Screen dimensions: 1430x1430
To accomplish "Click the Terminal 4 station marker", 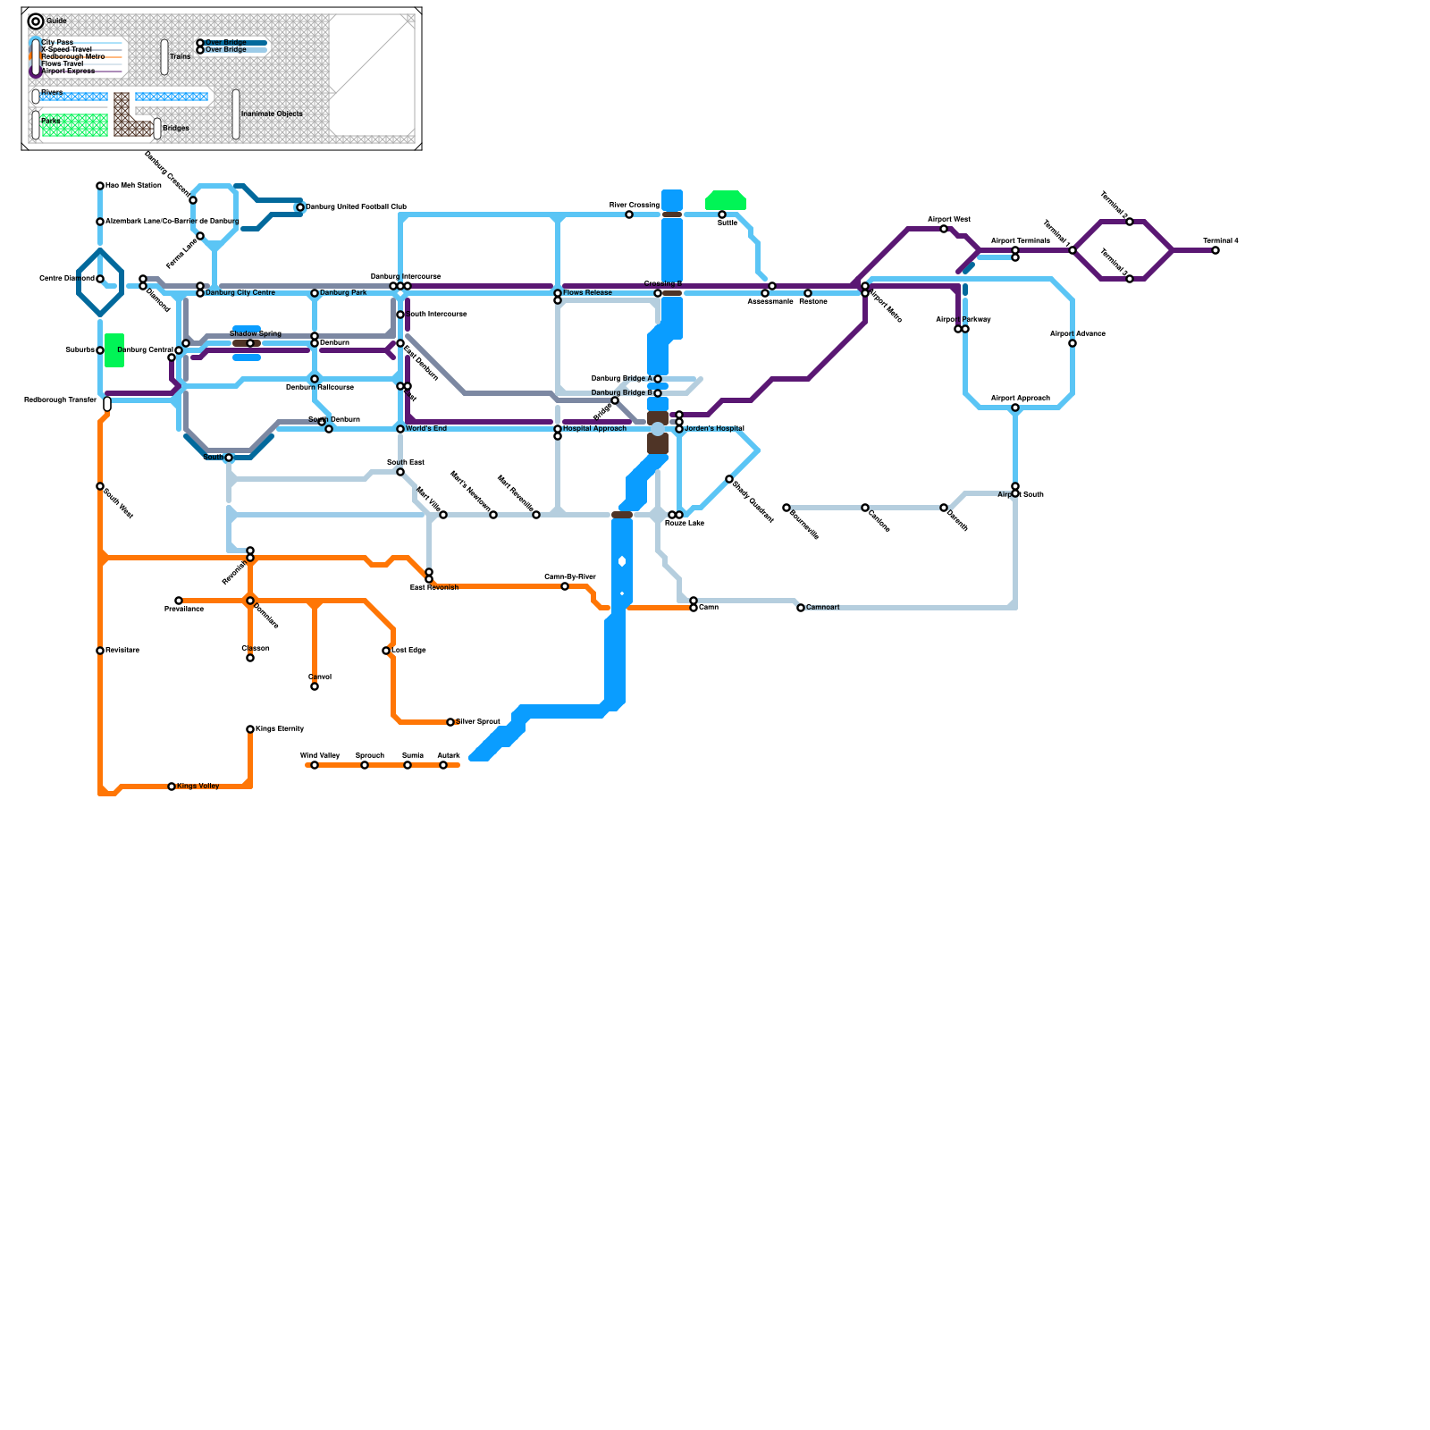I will click(x=1215, y=250).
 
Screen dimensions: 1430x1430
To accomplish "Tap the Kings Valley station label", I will click(x=198, y=786).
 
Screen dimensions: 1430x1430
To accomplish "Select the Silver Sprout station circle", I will click(x=450, y=722).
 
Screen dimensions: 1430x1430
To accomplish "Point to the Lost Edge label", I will click(x=408, y=651).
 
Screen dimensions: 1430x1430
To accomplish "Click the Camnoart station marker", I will click(x=801, y=608).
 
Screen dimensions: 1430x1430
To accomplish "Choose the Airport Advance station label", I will click(x=1078, y=334).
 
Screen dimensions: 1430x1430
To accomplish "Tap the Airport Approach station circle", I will click(x=1015, y=408).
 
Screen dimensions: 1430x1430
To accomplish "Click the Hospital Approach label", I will click(x=594, y=429).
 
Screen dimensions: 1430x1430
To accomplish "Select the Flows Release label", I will click(x=587, y=293).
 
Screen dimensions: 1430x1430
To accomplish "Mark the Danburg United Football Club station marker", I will click(x=300, y=207).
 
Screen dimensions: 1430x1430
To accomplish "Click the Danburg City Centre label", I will click(x=240, y=293).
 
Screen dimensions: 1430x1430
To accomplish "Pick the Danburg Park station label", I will click(x=343, y=293).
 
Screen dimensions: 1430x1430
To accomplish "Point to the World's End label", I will click(x=426, y=429).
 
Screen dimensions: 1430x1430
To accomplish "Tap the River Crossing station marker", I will click(x=629, y=214).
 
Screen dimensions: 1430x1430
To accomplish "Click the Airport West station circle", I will click(x=944, y=229).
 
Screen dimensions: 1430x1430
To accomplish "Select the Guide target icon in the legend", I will click(x=36, y=21).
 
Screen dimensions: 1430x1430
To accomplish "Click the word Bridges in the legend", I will click(x=176, y=129).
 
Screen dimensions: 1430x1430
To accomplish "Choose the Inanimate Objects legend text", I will click(x=272, y=114).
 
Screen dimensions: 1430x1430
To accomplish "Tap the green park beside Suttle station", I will click(x=726, y=200).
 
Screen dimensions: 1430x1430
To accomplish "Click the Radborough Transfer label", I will click(x=60, y=400).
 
